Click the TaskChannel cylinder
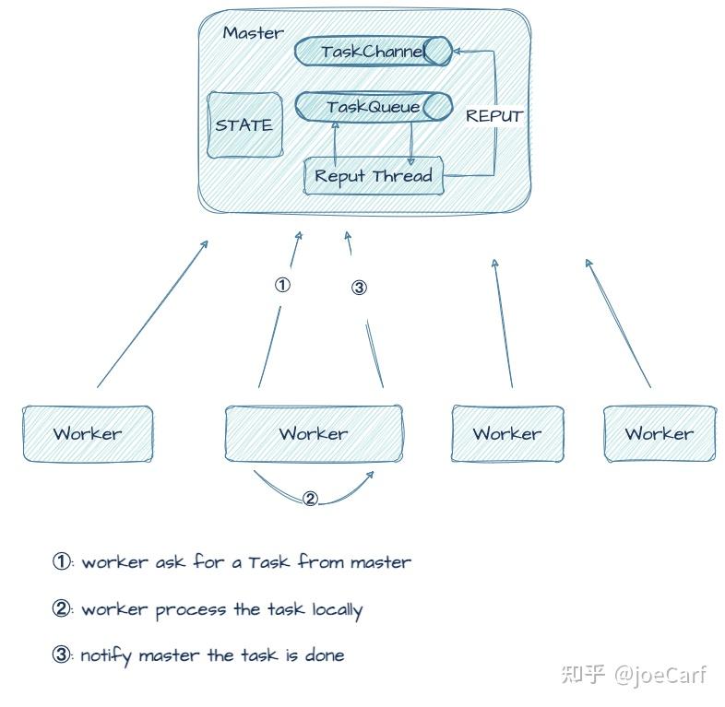[373, 52]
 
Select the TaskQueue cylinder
[373, 107]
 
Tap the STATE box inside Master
[244, 125]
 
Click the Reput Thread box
[374, 176]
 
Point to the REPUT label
[493, 116]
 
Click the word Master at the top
[253, 32]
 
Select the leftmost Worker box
[88, 433]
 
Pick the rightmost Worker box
[659, 433]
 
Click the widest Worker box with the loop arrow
[314, 433]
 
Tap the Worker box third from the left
[506, 433]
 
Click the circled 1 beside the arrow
[282, 285]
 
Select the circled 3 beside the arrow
[359, 288]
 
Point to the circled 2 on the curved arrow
[310, 499]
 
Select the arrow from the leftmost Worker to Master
[152, 313]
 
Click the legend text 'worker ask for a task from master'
[245, 561]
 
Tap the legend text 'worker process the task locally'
[221, 609]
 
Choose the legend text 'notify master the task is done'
[212, 655]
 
